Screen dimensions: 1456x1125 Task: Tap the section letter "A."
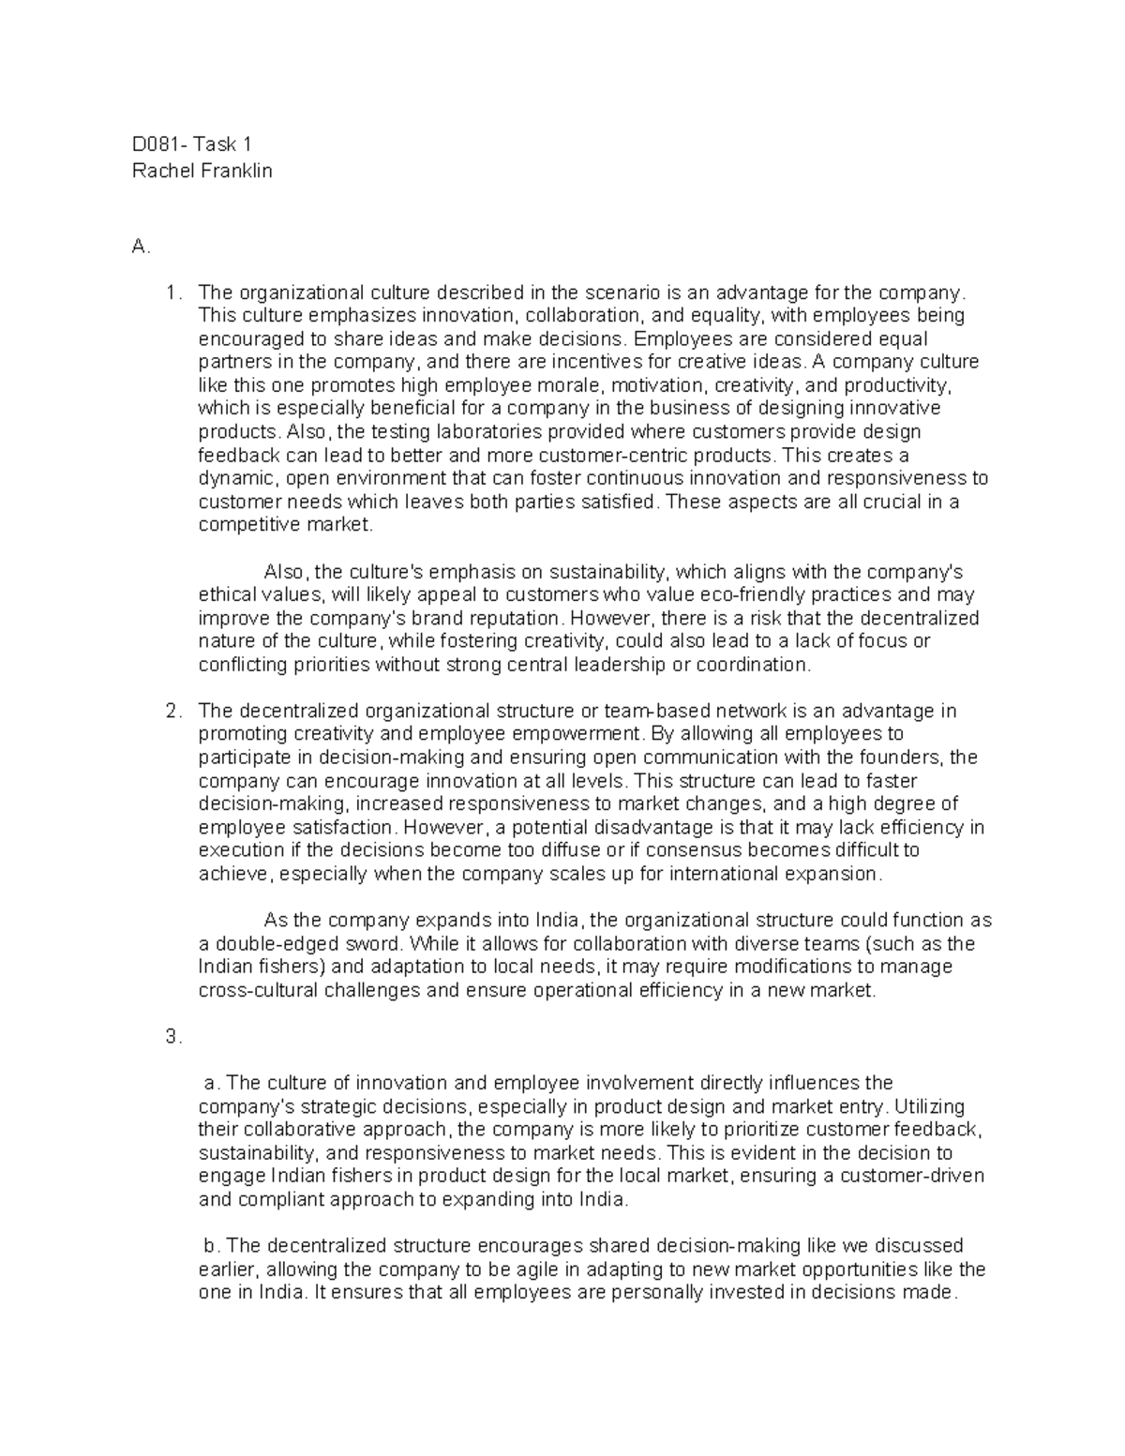(x=142, y=247)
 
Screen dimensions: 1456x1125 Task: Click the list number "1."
(x=173, y=293)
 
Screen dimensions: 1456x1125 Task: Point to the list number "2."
(x=173, y=711)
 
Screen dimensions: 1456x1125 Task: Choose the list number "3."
(x=173, y=1037)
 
